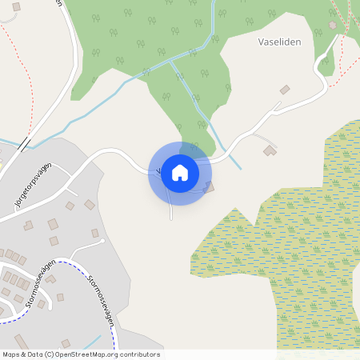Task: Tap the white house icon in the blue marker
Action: coord(180,172)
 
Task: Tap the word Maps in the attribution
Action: coord(12,354)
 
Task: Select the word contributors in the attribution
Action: coord(139,354)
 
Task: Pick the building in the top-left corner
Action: coord(16,6)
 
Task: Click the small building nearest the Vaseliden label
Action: coord(284,90)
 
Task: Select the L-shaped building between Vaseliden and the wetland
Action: coord(270,150)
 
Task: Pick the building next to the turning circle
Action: coord(94,233)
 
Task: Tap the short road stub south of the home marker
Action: coord(171,210)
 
